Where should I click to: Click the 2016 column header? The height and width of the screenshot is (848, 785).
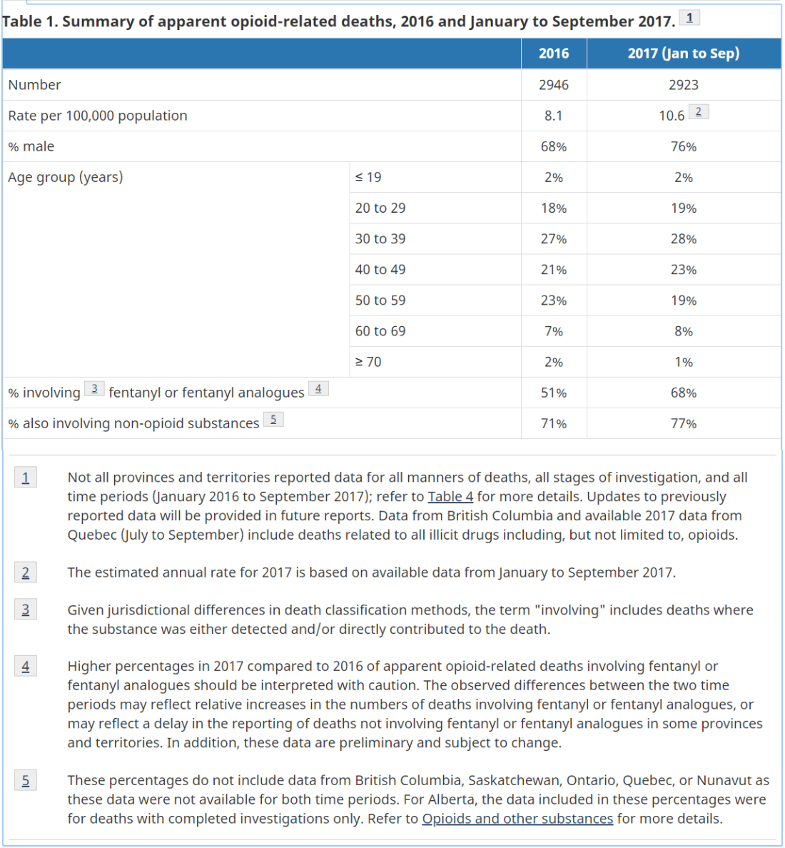point(553,54)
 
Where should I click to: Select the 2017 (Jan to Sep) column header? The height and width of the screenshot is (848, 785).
point(683,54)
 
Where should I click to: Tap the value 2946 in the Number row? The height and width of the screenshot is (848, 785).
point(553,85)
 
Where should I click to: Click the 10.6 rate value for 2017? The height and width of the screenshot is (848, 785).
point(672,116)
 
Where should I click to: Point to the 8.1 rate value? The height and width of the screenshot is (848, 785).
point(553,116)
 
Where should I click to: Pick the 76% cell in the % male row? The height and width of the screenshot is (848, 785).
point(683,146)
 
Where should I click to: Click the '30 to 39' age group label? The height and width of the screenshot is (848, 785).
point(380,239)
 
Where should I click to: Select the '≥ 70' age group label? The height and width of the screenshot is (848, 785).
point(368,362)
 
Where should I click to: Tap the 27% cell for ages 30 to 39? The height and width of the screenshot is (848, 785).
point(553,239)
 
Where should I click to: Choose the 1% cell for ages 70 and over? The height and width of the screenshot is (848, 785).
point(683,362)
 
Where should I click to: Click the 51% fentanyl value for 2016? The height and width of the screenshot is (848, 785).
point(553,393)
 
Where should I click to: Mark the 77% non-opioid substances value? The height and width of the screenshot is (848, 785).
point(683,423)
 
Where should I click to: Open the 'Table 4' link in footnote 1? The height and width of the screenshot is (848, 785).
point(450,497)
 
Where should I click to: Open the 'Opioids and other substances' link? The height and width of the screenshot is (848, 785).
point(517,819)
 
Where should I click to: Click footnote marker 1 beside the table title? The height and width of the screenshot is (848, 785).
point(689,18)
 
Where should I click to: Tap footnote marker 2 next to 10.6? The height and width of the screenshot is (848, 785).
point(699,112)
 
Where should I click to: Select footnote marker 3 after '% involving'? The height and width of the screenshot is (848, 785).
point(94,389)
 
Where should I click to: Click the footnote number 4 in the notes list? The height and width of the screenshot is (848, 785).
point(26,667)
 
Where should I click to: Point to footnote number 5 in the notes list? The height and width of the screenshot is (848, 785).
point(26,781)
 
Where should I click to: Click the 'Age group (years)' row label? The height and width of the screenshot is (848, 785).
point(66,177)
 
